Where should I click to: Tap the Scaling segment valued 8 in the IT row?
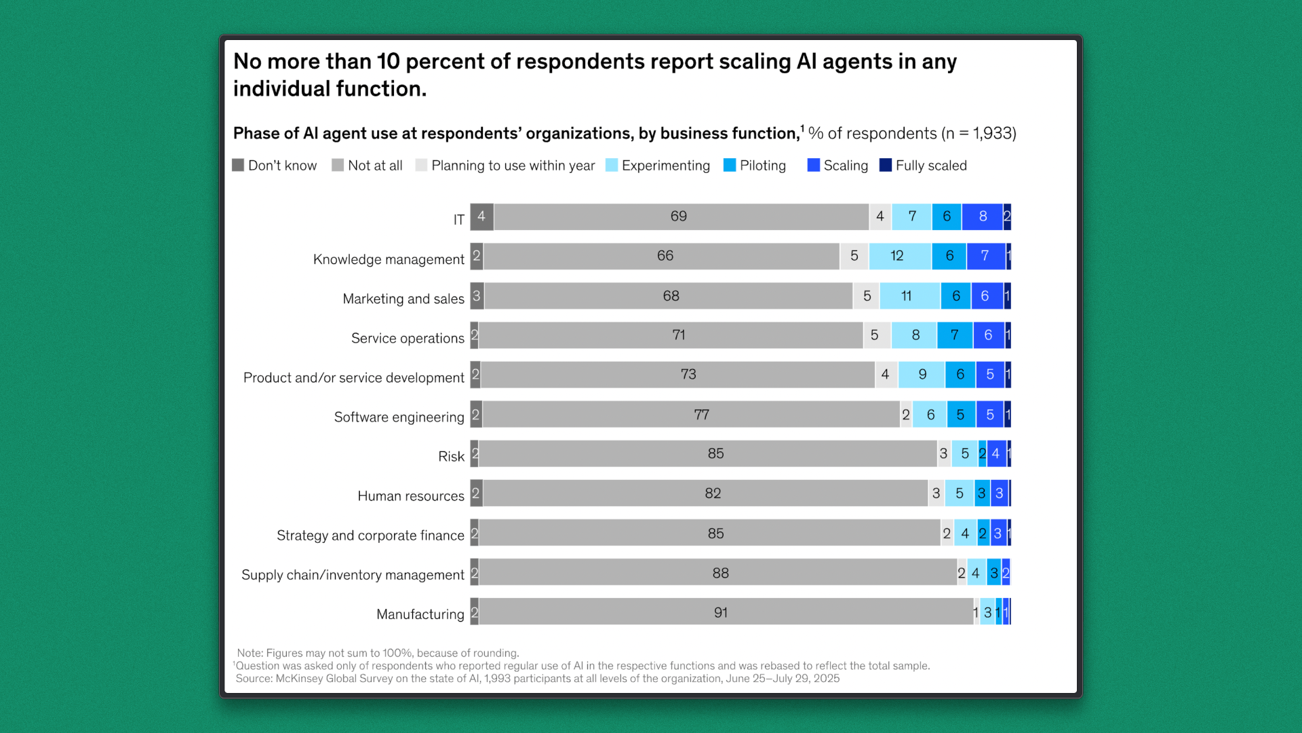pos(982,217)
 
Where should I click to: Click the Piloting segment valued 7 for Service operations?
pos(954,335)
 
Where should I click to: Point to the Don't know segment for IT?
pos(481,217)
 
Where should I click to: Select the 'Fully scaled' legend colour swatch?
pos(885,165)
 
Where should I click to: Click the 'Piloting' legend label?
pos(763,166)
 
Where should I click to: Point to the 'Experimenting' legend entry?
pos(665,166)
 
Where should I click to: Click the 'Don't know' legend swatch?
pos(238,165)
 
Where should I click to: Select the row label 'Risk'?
pos(451,457)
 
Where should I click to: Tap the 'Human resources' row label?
pos(410,496)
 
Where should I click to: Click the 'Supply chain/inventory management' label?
pos(353,575)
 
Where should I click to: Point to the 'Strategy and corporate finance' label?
pos(370,535)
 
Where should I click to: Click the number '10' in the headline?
pos(389,62)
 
